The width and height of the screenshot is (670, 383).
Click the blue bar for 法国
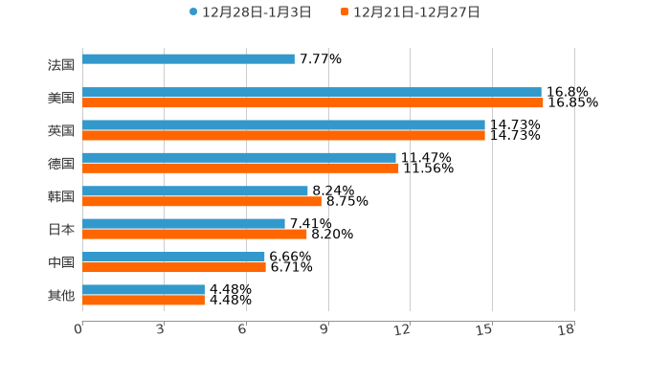coord(189,59)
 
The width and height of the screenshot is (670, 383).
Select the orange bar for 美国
coord(313,103)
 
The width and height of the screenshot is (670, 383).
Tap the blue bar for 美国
coord(312,93)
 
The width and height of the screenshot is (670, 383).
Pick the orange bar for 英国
coord(283,136)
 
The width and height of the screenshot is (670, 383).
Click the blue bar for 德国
coord(239,158)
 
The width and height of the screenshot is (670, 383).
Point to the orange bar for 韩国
coord(202,202)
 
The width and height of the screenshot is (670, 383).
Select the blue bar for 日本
coord(184,224)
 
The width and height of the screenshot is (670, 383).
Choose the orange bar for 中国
coord(174,267)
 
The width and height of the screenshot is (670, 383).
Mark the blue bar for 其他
coord(144,289)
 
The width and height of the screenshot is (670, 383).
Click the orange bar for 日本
coord(194,235)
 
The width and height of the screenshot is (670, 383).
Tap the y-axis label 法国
coord(61,65)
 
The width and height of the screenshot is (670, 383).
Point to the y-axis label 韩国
coord(61,196)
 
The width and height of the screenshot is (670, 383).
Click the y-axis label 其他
coord(61,295)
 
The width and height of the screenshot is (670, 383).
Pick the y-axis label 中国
coord(61,262)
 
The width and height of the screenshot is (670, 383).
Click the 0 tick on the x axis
coord(78,329)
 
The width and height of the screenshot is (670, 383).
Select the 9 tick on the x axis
coord(324,329)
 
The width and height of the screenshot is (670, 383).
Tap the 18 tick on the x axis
coord(567,329)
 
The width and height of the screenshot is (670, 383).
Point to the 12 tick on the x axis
coord(403,329)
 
